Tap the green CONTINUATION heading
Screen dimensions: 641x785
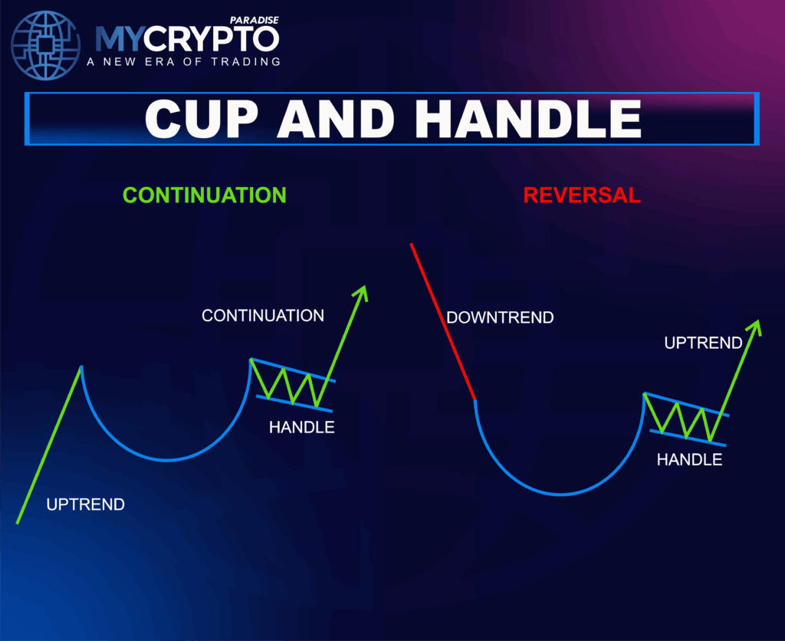(x=205, y=195)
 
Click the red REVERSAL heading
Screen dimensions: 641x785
(x=582, y=195)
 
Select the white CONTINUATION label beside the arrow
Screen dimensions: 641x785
(x=263, y=315)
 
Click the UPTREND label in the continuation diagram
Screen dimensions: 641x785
(x=85, y=505)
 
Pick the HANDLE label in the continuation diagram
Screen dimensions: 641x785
(x=302, y=427)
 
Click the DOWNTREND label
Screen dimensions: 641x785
(x=500, y=317)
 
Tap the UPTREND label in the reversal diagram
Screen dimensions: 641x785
(x=703, y=343)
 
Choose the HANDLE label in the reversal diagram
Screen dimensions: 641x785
(x=690, y=459)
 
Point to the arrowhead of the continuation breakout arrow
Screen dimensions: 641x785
(x=362, y=292)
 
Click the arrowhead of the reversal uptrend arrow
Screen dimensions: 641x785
(x=756, y=326)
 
